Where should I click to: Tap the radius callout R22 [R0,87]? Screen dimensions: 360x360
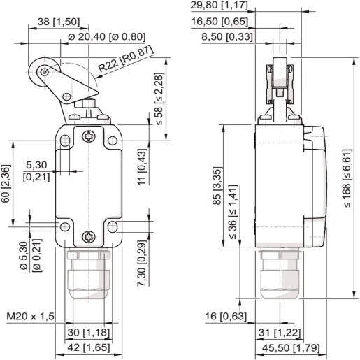click(x=126, y=64)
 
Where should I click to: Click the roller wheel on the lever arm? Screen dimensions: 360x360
click(x=45, y=72)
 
